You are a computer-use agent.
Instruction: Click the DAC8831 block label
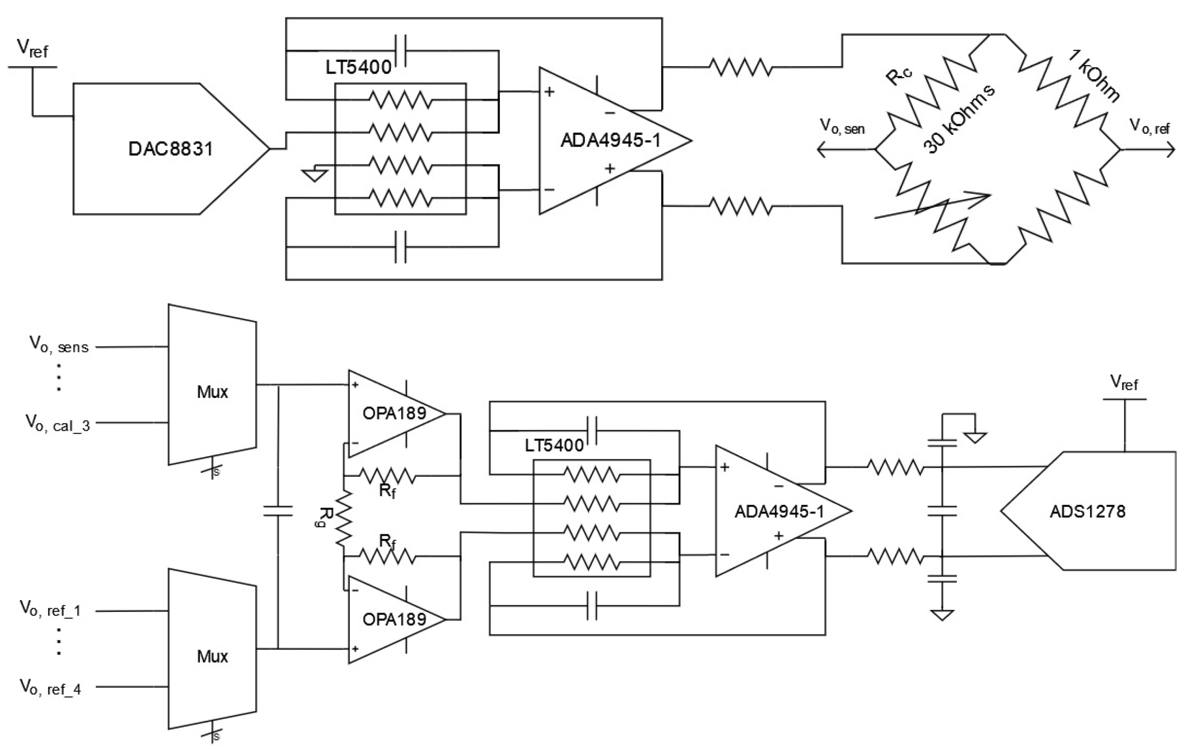point(170,148)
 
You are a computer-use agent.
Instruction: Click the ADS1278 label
point(1087,511)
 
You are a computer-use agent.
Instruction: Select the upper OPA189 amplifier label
point(394,413)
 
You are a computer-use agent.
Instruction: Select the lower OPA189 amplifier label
point(394,619)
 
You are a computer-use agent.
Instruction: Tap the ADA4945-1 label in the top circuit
point(610,140)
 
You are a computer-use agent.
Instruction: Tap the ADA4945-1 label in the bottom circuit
point(779,511)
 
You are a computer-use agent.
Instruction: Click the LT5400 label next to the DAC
point(358,67)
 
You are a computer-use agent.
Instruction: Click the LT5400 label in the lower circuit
point(553,445)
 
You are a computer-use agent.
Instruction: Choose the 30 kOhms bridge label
point(958,119)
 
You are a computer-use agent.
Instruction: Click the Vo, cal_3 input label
point(58,423)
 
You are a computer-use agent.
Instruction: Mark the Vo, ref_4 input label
point(50,687)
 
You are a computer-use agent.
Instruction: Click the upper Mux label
point(212,392)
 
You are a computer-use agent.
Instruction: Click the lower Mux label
point(212,656)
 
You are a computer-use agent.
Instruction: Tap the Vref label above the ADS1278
point(1123,382)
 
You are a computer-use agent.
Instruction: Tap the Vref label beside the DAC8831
point(32,48)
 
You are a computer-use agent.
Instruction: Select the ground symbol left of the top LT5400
point(315,175)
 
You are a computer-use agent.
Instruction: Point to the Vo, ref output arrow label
point(1149,126)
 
